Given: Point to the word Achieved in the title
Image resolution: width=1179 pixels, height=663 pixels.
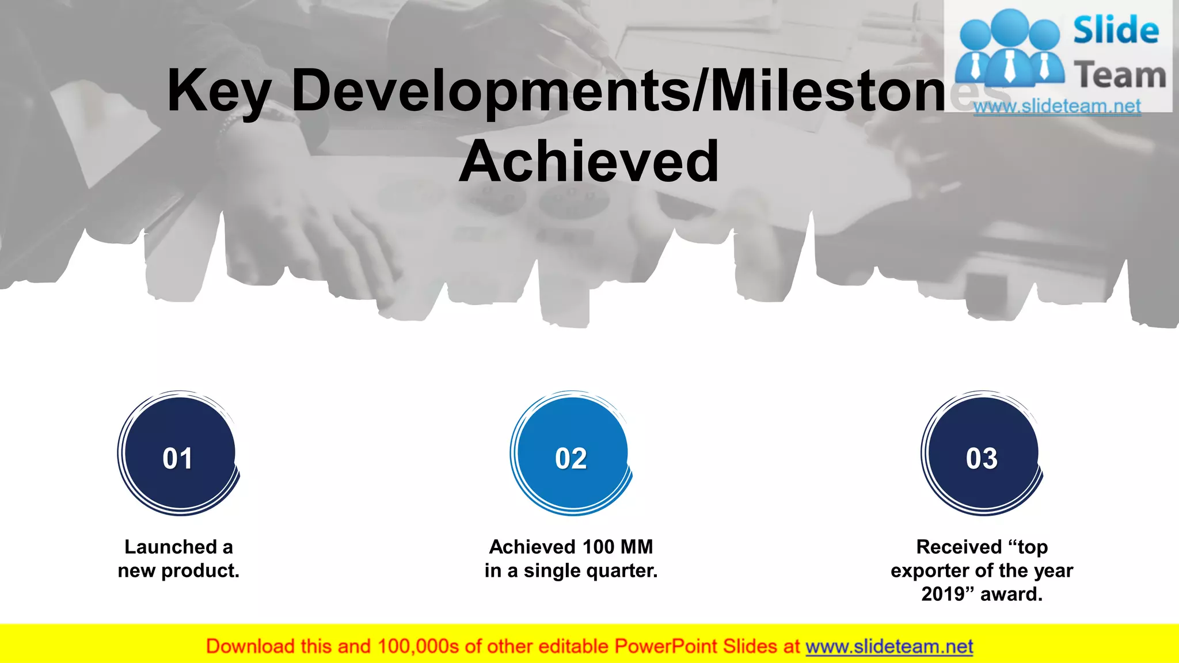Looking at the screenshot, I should coord(589,162).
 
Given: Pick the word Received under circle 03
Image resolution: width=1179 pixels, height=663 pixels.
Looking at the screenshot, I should coord(959,547).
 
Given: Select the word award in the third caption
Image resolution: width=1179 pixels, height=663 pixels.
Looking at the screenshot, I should coord(1011,594).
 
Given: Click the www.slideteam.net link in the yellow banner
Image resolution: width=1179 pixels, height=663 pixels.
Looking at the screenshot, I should coord(889,647).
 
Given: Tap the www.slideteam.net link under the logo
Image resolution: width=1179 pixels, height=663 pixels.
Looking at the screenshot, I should coord(1057,106).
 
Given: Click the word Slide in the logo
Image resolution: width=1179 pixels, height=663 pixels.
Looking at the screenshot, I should coord(1116,31).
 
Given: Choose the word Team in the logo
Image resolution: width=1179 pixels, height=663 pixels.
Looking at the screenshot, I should coord(1120,75).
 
